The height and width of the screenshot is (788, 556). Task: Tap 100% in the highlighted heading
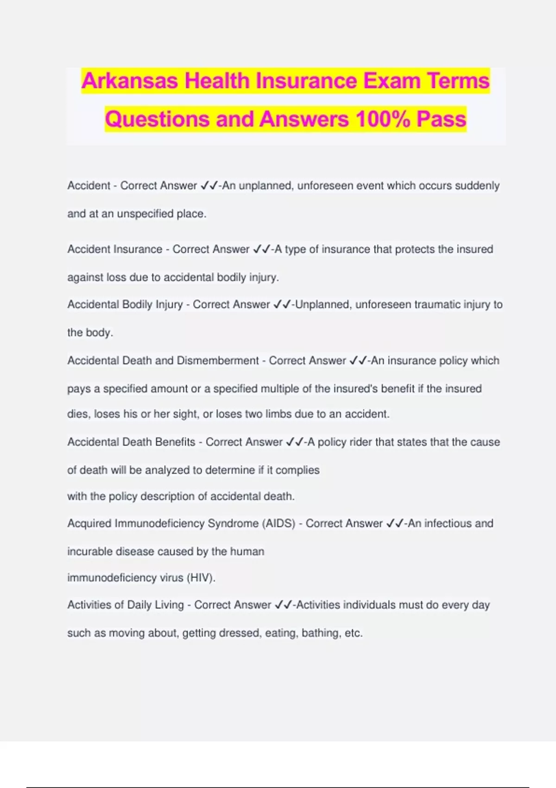coord(382,119)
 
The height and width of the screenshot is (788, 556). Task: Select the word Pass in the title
coord(441,119)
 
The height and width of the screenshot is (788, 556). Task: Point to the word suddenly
coord(477,186)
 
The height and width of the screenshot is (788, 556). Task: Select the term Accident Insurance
coord(115,249)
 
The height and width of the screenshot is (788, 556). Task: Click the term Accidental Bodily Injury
coord(125,305)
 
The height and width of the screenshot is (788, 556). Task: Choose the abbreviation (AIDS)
coord(279,524)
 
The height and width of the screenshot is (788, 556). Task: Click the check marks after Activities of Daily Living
coord(283,605)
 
